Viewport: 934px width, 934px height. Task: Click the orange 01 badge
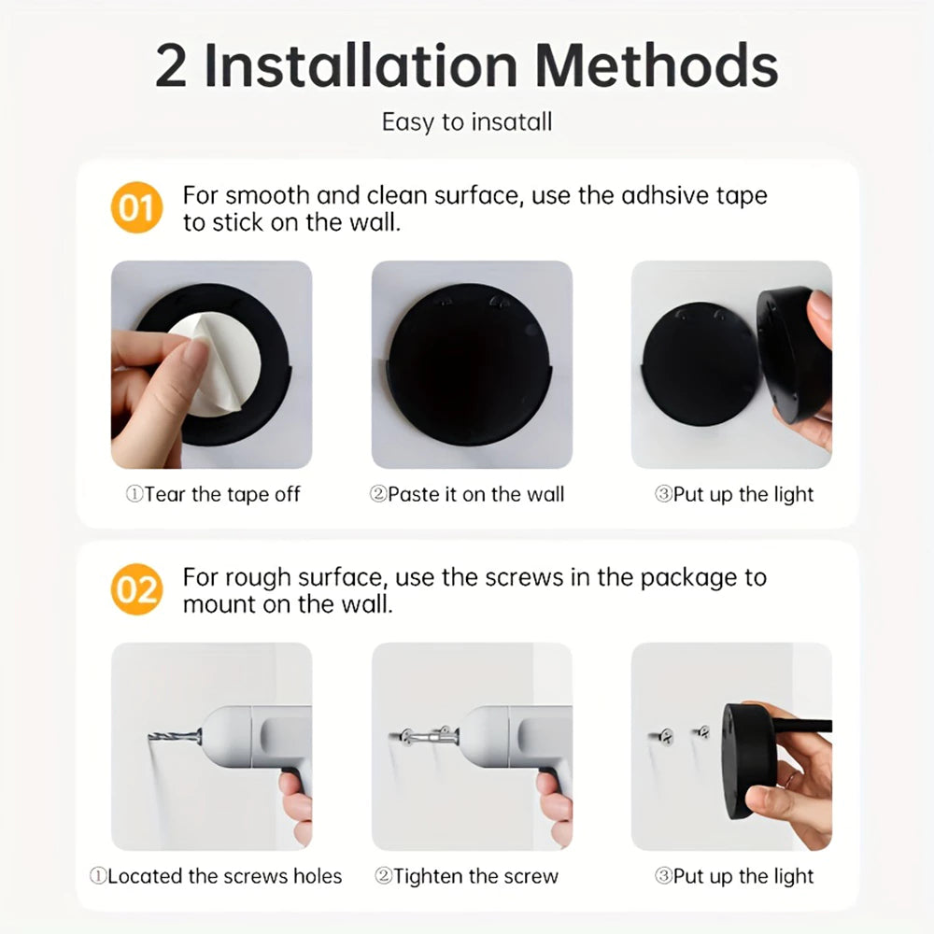pos(136,207)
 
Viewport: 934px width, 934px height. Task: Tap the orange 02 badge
pos(136,590)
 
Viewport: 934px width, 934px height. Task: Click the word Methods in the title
pos(657,66)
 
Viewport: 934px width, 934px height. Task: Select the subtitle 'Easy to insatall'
pos(466,122)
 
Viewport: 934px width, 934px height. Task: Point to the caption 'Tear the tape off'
pos(213,494)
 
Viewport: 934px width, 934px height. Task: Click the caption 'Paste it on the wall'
pos(467,494)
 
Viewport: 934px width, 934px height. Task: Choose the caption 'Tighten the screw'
pos(466,876)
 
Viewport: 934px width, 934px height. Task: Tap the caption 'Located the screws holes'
pos(216,876)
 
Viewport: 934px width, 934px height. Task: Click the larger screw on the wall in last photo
pos(665,738)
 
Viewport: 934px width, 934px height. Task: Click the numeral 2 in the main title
pos(171,66)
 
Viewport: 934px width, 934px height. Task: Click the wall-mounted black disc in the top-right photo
pos(696,364)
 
